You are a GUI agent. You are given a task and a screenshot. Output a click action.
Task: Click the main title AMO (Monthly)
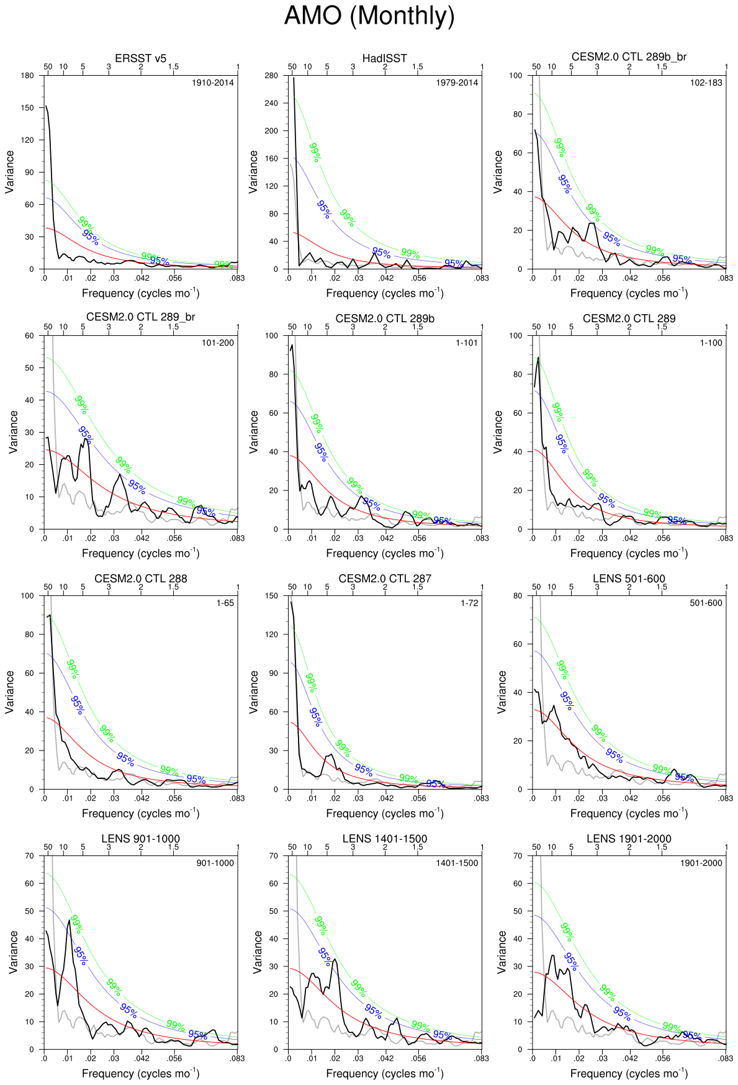point(369,16)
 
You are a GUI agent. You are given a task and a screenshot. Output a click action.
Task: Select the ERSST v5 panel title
point(141,58)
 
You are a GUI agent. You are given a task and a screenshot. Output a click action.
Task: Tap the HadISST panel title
point(385,58)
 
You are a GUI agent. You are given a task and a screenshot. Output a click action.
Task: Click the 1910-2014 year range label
point(213,83)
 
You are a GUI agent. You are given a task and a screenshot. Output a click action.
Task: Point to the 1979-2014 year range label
point(457,83)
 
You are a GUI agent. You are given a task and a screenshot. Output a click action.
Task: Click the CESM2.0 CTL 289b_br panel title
point(629,57)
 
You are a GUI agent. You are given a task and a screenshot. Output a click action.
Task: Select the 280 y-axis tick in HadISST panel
point(273,76)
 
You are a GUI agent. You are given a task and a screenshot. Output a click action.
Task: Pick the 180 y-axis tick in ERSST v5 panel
point(27,76)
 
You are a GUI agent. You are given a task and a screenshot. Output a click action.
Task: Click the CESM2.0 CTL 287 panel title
point(385,579)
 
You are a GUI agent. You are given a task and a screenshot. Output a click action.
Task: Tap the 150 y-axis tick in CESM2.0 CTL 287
point(273,596)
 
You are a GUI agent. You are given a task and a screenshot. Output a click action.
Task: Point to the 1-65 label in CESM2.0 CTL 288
point(225,603)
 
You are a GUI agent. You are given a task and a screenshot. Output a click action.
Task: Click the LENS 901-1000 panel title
point(141,839)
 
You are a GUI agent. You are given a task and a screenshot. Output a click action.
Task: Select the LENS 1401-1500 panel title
point(385,839)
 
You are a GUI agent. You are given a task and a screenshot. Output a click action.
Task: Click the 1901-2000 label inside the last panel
point(701,863)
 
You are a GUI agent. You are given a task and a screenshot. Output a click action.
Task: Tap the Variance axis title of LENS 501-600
point(502,691)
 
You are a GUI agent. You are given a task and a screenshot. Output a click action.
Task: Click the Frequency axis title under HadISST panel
point(385,293)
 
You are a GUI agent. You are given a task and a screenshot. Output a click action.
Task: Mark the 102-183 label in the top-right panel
point(706,83)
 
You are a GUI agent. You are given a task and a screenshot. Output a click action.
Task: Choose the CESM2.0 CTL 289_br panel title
point(141,317)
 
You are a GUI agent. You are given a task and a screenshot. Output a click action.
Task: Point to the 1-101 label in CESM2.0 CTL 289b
point(467,343)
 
